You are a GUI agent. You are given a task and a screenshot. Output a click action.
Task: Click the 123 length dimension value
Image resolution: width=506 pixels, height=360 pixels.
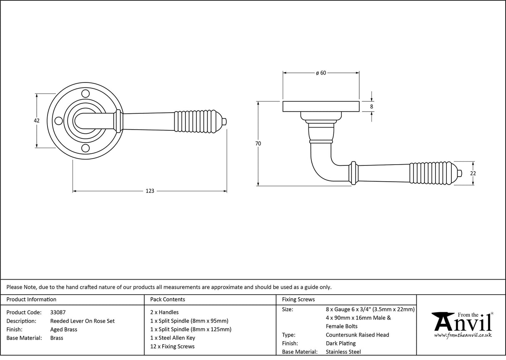point(150,191)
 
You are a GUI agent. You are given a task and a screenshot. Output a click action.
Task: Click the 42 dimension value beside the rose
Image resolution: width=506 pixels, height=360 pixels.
point(36,120)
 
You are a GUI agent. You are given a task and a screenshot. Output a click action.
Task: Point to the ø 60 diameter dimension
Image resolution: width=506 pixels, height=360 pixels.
point(321,73)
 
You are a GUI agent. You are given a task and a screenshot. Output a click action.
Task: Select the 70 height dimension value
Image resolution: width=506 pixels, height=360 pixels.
point(258,143)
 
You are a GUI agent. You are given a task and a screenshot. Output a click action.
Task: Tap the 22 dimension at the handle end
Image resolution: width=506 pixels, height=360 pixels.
point(473,173)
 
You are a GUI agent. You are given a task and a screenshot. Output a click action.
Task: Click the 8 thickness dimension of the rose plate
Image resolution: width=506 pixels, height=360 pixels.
point(371,107)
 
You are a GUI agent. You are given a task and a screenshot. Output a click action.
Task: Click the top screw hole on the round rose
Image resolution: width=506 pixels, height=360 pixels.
point(85,92)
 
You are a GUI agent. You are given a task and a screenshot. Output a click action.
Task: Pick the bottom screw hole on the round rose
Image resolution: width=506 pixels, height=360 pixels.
point(85,148)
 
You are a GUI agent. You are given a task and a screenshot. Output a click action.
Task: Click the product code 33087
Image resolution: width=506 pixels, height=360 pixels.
point(58,312)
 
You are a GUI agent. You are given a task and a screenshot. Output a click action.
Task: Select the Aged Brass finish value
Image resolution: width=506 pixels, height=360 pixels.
point(63,330)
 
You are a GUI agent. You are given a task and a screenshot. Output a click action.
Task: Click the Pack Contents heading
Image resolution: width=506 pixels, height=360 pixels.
point(167,300)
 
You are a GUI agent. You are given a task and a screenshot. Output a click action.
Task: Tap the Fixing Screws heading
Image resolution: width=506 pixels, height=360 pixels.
point(298,300)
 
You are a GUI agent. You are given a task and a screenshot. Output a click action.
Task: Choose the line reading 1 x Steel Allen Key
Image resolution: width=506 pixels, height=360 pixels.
point(173,338)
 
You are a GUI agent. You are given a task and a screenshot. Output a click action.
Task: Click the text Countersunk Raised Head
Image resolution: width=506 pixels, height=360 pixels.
point(357,335)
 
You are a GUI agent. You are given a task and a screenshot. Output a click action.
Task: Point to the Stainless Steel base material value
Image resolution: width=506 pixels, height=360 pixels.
point(343,352)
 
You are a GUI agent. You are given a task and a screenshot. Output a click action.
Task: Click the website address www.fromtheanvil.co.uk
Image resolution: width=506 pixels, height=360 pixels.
point(463,335)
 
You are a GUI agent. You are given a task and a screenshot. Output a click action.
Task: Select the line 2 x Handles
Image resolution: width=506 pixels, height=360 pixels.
point(164,312)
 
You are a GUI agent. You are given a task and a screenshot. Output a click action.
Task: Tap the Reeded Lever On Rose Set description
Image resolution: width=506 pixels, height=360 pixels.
point(82,321)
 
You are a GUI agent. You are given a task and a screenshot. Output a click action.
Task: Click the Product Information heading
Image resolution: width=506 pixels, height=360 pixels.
point(31,300)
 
